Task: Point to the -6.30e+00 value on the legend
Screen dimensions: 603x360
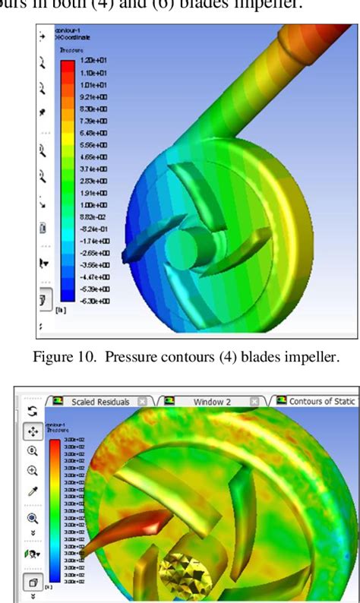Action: click(x=90, y=301)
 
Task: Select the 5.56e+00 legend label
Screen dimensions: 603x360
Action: click(x=89, y=144)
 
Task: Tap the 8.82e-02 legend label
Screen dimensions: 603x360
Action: click(x=89, y=216)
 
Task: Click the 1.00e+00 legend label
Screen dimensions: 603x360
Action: click(x=89, y=205)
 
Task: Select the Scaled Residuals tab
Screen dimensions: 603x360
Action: click(x=100, y=401)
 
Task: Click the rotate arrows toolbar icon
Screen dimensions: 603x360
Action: click(x=33, y=411)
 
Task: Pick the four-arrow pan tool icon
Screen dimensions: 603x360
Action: click(x=33, y=431)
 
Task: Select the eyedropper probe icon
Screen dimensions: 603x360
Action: click(x=33, y=492)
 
